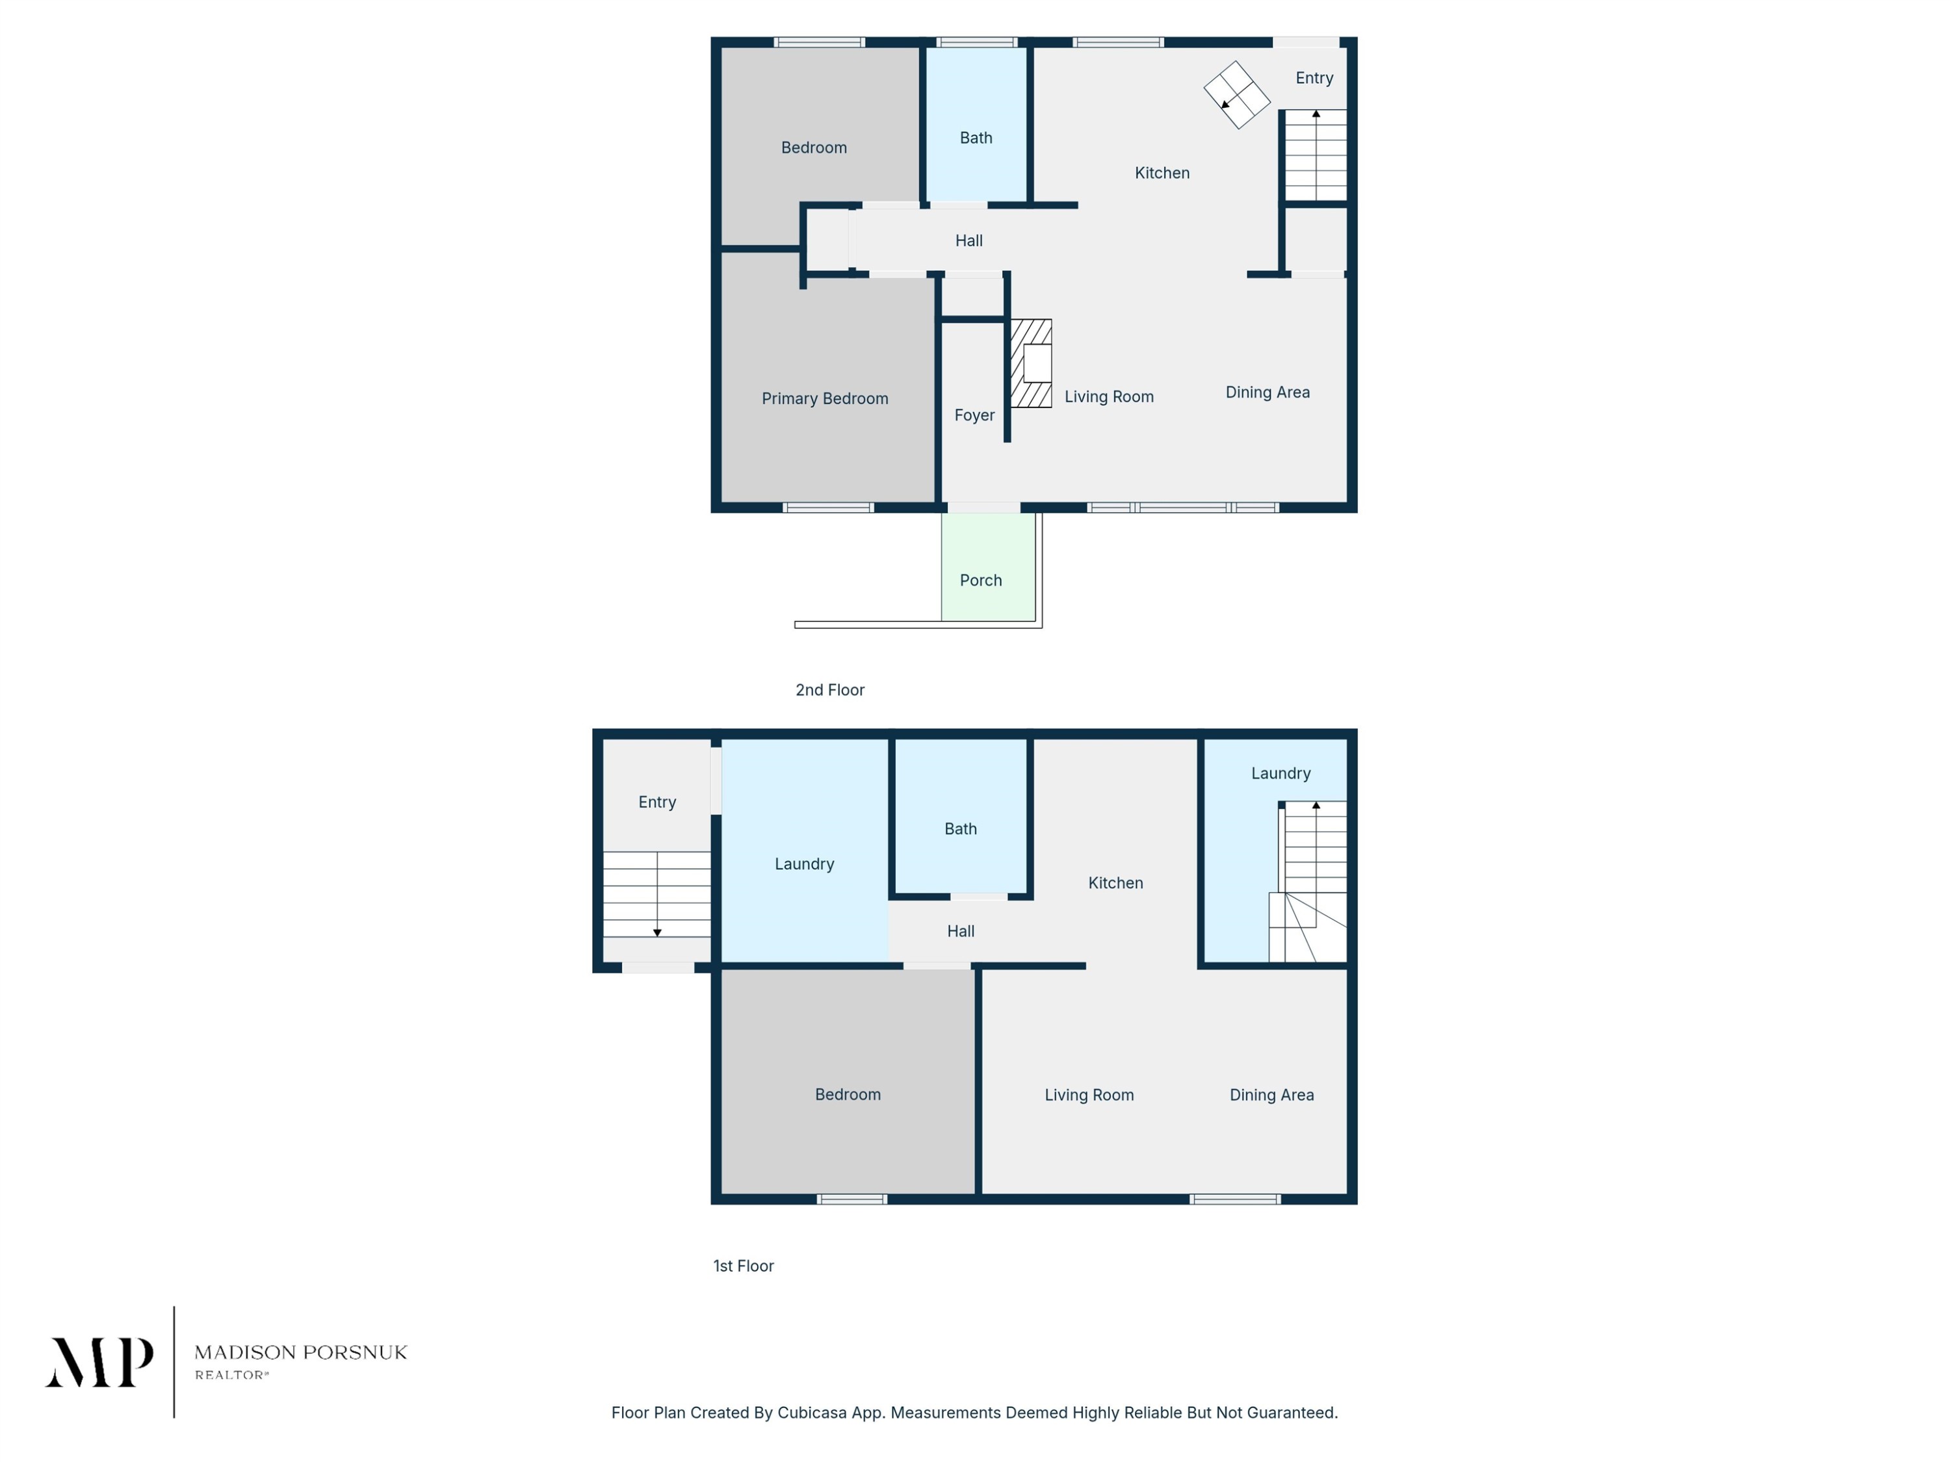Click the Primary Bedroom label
(x=824, y=399)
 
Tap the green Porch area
(x=988, y=567)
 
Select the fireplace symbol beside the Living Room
(x=1030, y=363)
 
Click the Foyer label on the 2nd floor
(x=974, y=415)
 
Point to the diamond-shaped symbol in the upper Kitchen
(x=1237, y=95)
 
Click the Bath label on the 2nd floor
(x=976, y=138)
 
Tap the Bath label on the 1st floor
(x=960, y=828)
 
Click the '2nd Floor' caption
(x=829, y=690)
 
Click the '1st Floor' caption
(x=743, y=1266)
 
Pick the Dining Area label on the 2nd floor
(x=1267, y=392)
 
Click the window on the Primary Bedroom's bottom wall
(x=829, y=507)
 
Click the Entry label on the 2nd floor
(x=1314, y=79)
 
